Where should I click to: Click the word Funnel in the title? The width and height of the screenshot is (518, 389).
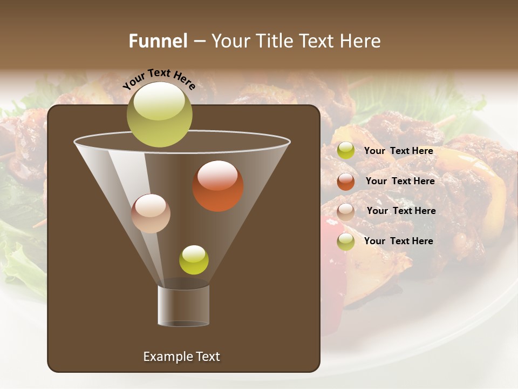coord(158,41)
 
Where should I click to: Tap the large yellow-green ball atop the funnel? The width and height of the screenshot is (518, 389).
coord(159,114)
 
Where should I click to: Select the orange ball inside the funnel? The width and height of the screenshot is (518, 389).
coord(218,186)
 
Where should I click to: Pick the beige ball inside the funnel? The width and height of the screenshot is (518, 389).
coord(151,213)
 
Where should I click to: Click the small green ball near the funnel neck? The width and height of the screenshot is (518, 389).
coord(194,260)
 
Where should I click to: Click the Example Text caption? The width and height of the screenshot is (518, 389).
coord(181,357)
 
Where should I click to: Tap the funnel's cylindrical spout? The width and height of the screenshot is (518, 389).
coord(183,306)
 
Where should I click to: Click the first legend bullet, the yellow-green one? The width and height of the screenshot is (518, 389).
coord(346,151)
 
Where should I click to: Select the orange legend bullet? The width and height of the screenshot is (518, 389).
coord(346,182)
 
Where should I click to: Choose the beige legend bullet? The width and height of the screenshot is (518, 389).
coord(346,212)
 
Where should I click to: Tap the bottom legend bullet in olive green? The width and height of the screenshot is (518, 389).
coord(346,242)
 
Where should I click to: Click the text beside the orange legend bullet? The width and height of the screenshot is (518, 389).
coord(400,182)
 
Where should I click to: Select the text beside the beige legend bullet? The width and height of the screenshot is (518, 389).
coord(401,211)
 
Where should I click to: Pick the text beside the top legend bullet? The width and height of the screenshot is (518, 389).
coord(398,151)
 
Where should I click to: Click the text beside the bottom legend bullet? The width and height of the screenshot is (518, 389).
coord(398,241)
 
